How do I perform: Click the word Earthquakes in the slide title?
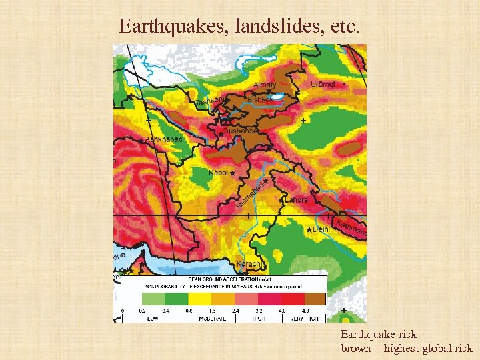(x=159, y=26)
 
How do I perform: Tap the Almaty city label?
(x=265, y=85)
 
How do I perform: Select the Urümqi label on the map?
(x=323, y=84)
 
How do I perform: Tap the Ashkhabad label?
(x=164, y=139)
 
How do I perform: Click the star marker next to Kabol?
(x=233, y=173)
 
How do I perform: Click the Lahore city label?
(x=297, y=199)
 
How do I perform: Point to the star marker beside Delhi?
(x=308, y=229)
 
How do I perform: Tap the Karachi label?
(x=249, y=264)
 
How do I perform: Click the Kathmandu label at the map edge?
(x=351, y=227)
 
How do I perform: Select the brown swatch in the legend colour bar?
(x=315, y=298)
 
